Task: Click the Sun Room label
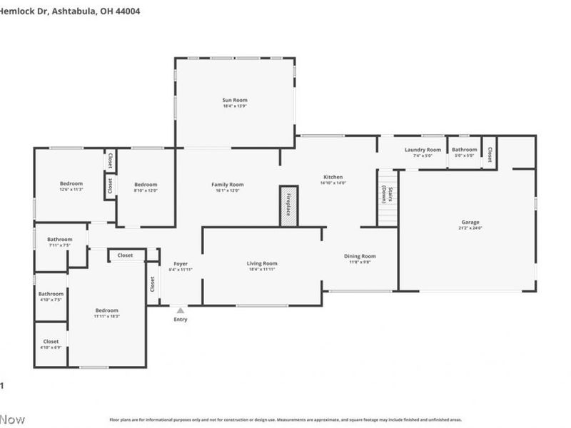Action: (235, 101)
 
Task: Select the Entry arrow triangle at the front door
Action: (181, 310)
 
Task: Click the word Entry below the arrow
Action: (181, 320)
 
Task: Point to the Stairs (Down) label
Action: (385, 195)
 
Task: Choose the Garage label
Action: (470, 222)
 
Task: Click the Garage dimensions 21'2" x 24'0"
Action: (470, 228)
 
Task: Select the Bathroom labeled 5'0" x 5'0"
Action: (464, 150)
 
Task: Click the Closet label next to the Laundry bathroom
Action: (490, 154)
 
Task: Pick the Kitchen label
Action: (333, 177)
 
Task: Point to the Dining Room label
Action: (360, 256)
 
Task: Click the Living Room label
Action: (262, 263)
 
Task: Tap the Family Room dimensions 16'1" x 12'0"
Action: (227, 190)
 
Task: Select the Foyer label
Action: (181, 263)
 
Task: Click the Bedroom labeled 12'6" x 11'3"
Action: (71, 183)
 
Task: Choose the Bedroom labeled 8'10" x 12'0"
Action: (145, 184)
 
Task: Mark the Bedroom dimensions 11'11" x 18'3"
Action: (107, 316)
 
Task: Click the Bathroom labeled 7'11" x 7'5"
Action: (60, 240)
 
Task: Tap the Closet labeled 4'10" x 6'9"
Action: (51, 342)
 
